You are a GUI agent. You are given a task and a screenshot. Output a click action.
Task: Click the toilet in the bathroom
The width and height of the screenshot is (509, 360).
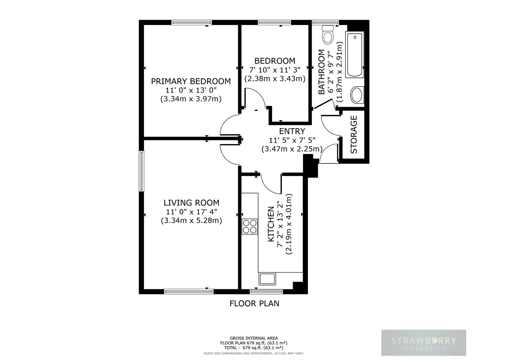click(327, 35)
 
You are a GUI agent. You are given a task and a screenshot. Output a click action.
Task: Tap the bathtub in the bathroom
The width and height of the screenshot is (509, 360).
click(354, 55)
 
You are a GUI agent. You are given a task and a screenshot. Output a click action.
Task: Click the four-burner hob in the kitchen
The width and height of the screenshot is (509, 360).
click(250, 226)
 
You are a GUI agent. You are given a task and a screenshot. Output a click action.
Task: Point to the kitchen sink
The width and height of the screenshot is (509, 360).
click(267, 279)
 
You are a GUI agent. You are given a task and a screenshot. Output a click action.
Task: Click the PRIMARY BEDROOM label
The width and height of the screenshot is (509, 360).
click(191, 81)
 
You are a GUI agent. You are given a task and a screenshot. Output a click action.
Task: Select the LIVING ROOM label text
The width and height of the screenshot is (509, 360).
click(191, 203)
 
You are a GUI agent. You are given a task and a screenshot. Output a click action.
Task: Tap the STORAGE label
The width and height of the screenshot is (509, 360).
click(354, 134)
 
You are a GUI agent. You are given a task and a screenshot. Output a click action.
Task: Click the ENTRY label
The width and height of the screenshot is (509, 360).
click(292, 131)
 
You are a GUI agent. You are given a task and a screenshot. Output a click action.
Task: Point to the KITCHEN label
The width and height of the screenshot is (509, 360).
click(271, 224)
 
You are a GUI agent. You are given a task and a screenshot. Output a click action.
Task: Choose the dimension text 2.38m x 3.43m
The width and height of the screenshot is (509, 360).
click(275, 79)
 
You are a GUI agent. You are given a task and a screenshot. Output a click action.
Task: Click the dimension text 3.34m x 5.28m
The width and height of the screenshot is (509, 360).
click(191, 220)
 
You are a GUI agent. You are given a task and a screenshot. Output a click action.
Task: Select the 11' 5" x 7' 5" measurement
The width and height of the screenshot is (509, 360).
click(292, 140)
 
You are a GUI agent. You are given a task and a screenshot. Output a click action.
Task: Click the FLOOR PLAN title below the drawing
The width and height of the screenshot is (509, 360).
click(254, 303)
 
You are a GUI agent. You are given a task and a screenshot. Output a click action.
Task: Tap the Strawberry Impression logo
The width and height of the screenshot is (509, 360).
click(423, 343)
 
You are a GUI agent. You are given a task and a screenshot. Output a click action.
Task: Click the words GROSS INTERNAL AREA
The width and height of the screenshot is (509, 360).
click(254, 338)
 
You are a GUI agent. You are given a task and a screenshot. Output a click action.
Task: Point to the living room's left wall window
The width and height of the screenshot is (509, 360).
click(142, 171)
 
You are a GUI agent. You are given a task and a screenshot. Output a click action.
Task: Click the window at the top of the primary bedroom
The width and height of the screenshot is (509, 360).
click(191, 23)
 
